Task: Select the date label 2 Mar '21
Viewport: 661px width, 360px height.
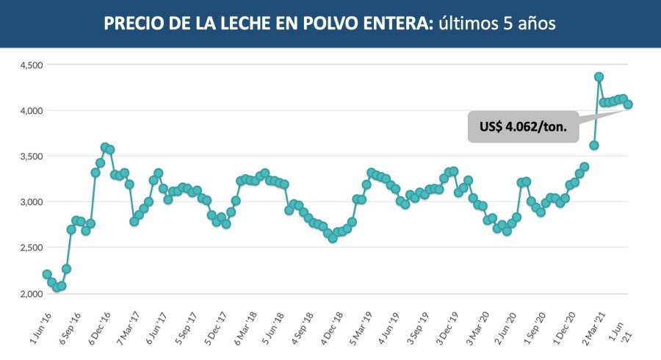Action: pyautogui.click(x=593, y=325)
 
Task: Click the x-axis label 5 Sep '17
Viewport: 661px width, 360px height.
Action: pyautogui.click(x=189, y=325)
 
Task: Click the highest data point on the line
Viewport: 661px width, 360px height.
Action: pyautogui.click(x=599, y=76)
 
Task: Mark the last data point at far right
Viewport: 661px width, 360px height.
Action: pyautogui.click(x=629, y=104)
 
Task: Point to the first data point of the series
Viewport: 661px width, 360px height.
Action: pyautogui.click(x=47, y=274)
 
